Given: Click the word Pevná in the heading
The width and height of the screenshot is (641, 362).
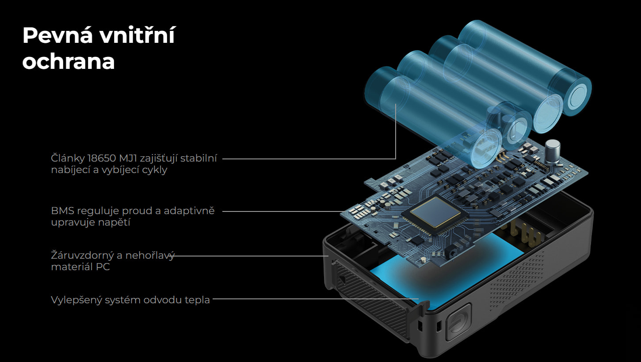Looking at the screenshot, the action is coord(57,35).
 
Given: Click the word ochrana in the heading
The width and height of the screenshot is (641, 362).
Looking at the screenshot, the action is coord(69,61).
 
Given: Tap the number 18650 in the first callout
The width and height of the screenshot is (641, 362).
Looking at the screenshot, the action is coord(102,158).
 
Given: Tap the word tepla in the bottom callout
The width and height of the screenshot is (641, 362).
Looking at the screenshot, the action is coord(197,300).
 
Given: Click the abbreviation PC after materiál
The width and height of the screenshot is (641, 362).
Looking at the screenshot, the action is coord(103,267).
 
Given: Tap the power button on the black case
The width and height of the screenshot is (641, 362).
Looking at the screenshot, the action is coord(458,322).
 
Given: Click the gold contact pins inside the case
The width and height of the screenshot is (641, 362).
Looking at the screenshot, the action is coord(525,233).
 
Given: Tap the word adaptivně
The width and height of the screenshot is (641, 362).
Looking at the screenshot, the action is coord(189,211).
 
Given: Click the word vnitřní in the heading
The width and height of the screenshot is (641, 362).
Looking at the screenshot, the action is coord(137,35).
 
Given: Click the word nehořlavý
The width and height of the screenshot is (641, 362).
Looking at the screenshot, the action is coord(150,256).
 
